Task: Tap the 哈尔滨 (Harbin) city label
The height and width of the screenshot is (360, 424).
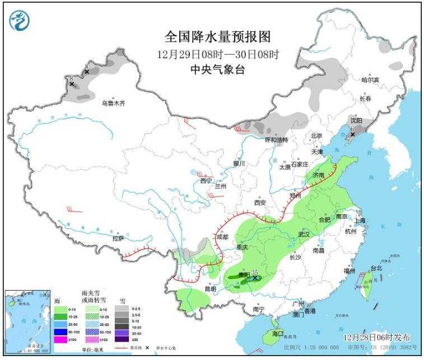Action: pos(370,80)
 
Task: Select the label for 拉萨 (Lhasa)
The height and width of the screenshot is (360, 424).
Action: pos(118,238)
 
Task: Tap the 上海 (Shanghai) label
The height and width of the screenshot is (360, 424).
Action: pos(359,220)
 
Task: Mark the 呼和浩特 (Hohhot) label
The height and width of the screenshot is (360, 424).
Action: pos(276,139)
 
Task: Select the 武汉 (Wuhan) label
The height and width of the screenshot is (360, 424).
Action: pos(304,235)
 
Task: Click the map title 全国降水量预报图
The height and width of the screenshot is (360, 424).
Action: pos(218,37)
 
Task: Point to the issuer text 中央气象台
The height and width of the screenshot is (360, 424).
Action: pos(218,69)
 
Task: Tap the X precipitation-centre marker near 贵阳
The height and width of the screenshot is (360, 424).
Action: pos(255,278)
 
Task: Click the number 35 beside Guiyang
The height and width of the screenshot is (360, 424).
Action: pos(255,271)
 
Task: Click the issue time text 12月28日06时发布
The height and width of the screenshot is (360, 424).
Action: pos(376,338)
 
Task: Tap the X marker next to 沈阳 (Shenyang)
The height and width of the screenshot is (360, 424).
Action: pos(352,134)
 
